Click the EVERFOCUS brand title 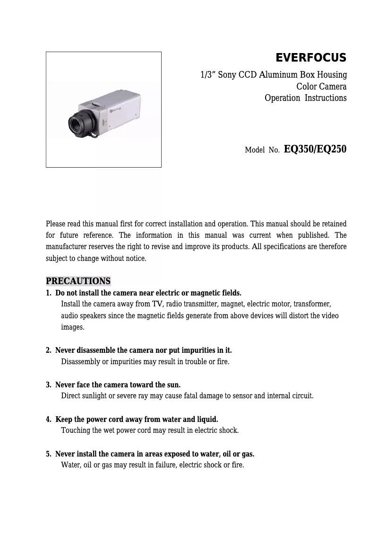click(x=311, y=58)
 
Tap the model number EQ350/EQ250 click(x=315, y=149)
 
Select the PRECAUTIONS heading click(x=78, y=281)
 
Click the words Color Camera click(x=321, y=87)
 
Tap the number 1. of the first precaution click(x=49, y=293)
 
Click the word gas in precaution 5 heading click(x=248, y=454)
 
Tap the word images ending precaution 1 click(x=72, y=327)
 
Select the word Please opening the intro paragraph click(x=56, y=224)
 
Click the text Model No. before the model click(x=262, y=151)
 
